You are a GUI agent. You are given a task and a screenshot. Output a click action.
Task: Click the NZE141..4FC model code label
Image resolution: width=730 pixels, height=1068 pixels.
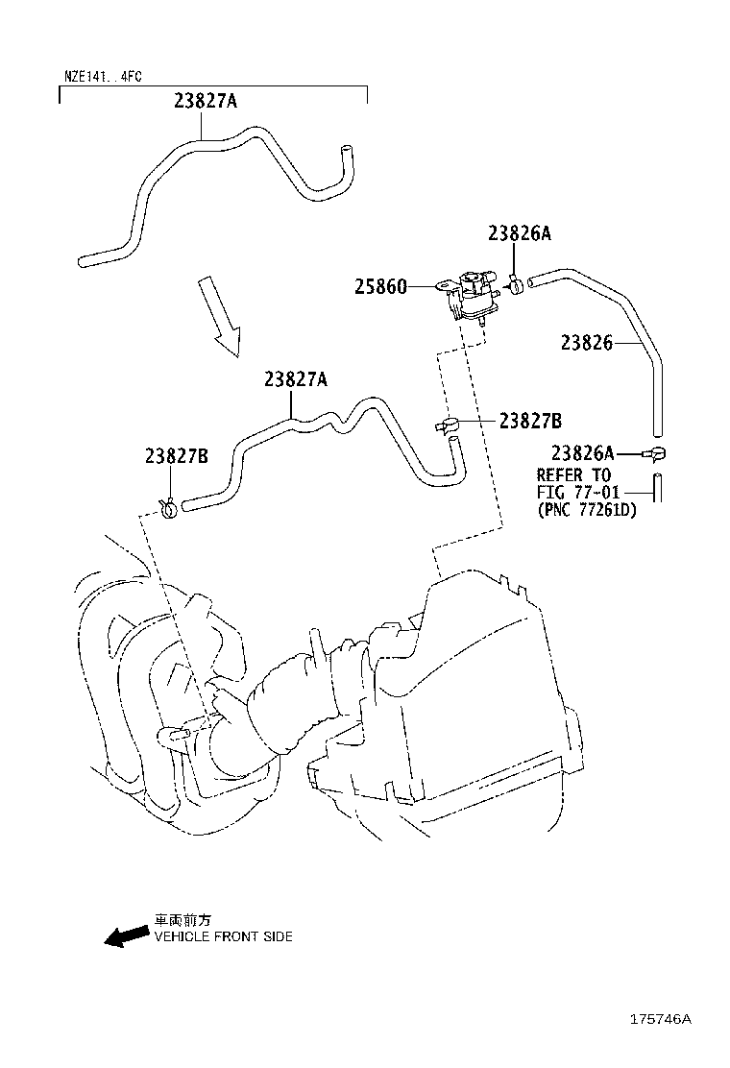pos(103,76)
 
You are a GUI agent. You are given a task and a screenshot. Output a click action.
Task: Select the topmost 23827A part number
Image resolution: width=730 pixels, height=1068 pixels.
pos(206,101)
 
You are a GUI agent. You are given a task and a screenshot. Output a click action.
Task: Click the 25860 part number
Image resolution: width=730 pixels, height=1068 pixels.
pos(380,287)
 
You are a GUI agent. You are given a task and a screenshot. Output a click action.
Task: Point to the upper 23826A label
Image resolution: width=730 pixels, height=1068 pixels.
pos(520,233)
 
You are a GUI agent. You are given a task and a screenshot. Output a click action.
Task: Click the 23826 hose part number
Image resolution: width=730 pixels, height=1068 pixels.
pos(587,342)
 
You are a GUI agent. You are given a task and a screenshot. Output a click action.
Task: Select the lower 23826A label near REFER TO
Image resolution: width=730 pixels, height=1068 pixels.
pos(583,453)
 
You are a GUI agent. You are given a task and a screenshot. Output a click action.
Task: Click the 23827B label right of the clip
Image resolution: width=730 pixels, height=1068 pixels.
pos(530,421)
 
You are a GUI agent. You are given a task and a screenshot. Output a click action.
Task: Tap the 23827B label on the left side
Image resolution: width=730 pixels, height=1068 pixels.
pos(177,455)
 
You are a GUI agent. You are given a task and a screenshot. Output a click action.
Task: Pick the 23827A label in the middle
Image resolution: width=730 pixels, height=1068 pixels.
pos(296,378)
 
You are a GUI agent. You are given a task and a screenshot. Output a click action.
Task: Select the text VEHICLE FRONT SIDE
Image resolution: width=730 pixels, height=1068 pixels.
pos(224,936)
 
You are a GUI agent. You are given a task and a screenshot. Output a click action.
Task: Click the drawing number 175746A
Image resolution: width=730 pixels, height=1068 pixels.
pos(660,1019)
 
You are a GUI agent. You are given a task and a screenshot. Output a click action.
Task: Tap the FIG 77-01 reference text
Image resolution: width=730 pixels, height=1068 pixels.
pos(578,492)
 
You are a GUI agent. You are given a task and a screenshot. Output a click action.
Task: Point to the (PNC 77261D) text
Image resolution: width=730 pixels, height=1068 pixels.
pos(586,509)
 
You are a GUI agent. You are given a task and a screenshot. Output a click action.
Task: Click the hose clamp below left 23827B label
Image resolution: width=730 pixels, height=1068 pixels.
pos(168,507)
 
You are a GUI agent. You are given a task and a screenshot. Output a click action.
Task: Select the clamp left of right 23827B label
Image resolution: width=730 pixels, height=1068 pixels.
pos(446,425)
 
